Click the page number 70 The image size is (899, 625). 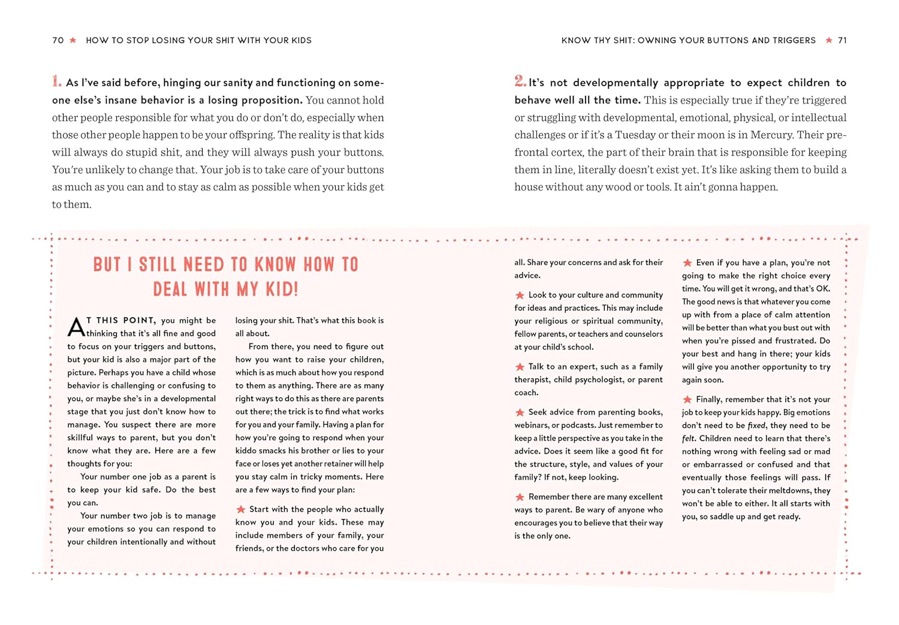[x=58, y=40]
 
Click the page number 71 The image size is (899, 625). [x=842, y=40]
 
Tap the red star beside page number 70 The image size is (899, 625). [x=73, y=40]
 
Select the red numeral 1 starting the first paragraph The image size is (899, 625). [x=56, y=81]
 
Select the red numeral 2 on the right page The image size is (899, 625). [x=520, y=81]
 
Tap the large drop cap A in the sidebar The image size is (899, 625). [x=76, y=327]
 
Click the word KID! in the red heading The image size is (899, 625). [x=282, y=290]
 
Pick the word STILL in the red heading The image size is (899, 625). [x=158, y=265]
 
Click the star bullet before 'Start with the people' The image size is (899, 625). [x=240, y=509]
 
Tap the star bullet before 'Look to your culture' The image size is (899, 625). [x=520, y=295]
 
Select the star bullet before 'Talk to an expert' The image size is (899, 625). [x=520, y=367]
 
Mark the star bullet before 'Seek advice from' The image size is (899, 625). [x=520, y=412]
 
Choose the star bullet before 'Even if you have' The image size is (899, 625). [x=687, y=263]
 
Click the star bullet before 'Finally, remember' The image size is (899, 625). [x=687, y=399]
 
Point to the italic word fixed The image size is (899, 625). [x=756, y=426]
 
